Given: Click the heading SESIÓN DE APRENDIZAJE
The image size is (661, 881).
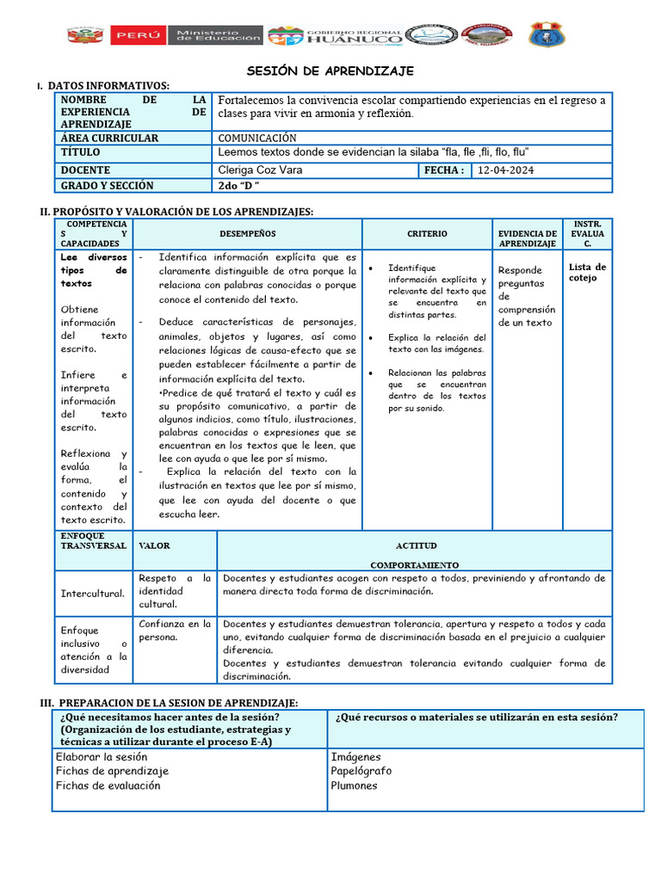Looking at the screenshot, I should pyautogui.click(x=330, y=70).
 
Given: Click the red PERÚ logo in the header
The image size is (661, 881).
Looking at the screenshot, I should pyautogui.click(x=138, y=35).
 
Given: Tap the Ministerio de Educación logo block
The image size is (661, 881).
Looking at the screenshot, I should pyautogui.click(x=219, y=35).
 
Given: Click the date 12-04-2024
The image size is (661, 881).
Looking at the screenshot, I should pyautogui.click(x=506, y=170).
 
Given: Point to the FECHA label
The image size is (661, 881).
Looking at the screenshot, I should pyautogui.click(x=444, y=170).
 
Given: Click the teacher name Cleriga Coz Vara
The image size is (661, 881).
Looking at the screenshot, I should pyautogui.click(x=260, y=170).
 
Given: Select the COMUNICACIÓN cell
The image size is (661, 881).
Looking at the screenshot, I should pyautogui.click(x=257, y=138).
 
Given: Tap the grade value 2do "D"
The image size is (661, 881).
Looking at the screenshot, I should pyautogui.click(x=239, y=185).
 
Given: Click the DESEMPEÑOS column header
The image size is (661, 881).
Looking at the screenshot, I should pyautogui.click(x=247, y=233).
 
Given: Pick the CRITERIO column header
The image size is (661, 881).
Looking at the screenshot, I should pyautogui.click(x=427, y=233).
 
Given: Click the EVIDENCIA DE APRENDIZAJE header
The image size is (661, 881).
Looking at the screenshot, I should pyautogui.click(x=527, y=238).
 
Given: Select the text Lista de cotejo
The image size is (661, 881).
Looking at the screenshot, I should pyautogui.click(x=587, y=272).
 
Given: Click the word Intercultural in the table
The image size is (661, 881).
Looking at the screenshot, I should pyautogui.click(x=92, y=594).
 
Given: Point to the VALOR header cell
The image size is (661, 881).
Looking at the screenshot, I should pyautogui.click(x=154, y=545).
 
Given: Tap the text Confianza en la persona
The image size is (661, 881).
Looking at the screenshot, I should pyautogui.click(x=175, y=630).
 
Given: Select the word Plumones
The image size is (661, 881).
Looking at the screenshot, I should pyautogui.click(x=354, y=786).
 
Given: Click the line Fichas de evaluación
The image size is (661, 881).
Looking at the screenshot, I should pyautogui.click(x=108, y=786).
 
